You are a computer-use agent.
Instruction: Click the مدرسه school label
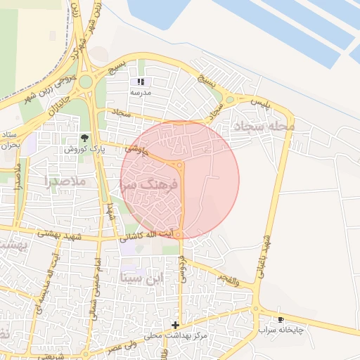coord(140,92)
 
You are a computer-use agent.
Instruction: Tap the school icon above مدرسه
coord(140,82)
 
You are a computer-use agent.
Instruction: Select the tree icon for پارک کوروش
coord(86,138)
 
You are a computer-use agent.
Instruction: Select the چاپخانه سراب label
coord(281,329)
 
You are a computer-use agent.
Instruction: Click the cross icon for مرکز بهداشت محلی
coord(175,325)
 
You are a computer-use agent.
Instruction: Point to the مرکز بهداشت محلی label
coord(176,336)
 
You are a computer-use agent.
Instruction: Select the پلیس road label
coord(259,104)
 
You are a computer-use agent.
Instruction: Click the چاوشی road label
coord(136,150)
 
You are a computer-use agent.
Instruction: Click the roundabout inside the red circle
coord(180,166)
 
